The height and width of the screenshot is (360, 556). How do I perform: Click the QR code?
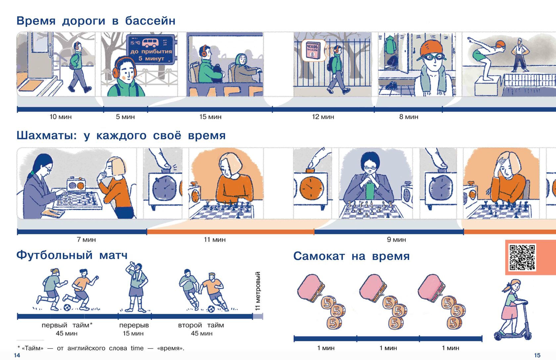[x=522, y=257]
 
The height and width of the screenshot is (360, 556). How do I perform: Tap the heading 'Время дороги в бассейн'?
[x=96, y=21]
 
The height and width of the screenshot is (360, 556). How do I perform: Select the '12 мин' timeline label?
[x=323, y=117]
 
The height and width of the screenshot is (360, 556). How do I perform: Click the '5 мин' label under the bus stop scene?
[x=125, y=117]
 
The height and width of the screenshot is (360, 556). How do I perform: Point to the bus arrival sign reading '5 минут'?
[x=151, y=50]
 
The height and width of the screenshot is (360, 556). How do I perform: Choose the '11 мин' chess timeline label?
[x=214, y=240]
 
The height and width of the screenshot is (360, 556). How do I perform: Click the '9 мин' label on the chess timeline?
[x=396, y=240]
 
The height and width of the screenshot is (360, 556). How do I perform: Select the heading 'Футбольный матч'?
[x=72, y=255]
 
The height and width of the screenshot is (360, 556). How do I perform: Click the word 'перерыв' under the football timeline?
[x=134, y=325]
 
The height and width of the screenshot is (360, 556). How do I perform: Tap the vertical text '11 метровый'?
[x=258, y=291]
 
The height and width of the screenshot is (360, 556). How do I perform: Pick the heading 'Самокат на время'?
[x=351, y=256]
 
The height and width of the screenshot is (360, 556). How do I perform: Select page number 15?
[x=537, y=355]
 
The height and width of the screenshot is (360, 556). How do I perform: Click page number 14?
[x=17, y=355]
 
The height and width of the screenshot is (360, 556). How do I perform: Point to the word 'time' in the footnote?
[x=137, y=348]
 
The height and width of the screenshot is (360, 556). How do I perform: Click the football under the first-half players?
[x=67, y=307]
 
